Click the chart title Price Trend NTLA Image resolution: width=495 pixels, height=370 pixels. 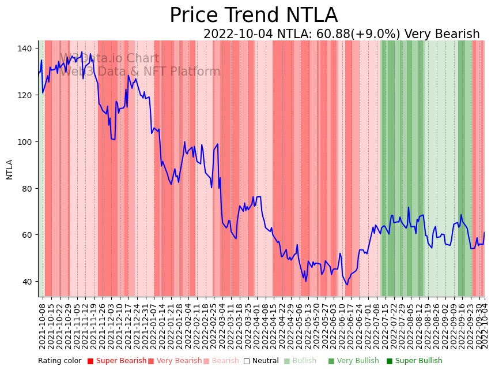click(254, 16)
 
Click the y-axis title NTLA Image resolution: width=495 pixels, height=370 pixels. click(9, 169)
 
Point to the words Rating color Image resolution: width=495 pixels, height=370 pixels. click(60, 361)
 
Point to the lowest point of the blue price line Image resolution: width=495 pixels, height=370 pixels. click(347, 285)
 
